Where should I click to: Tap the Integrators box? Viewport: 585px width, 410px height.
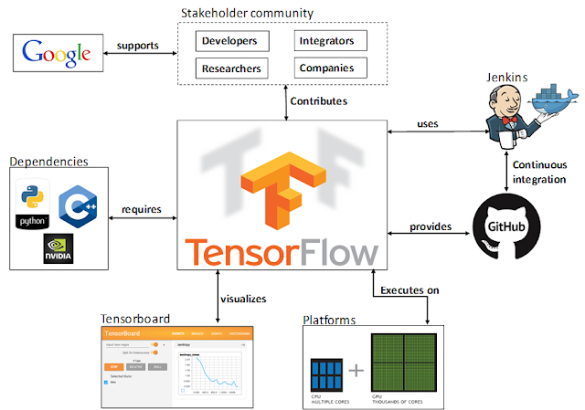pos(330,41)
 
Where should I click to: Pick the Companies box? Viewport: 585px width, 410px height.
pos(330,68)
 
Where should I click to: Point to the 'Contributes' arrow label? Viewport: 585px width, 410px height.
pos(320,100)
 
